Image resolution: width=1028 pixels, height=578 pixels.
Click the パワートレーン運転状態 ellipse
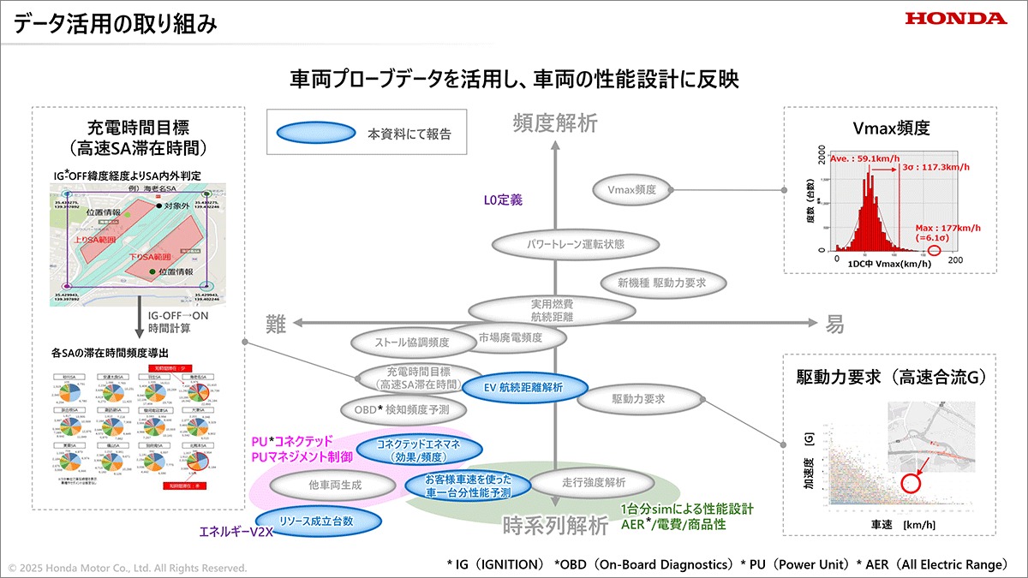[576, 244]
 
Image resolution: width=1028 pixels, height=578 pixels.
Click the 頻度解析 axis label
[555, 124]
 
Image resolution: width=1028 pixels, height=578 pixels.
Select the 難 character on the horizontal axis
[276, 324]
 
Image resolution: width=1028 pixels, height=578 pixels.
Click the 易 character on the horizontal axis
[834, 324]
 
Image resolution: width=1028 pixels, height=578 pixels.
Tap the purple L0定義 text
[503, 200]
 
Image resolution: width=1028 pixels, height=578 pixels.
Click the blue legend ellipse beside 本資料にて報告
[315, 134]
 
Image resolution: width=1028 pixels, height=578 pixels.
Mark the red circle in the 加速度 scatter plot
[911, 482]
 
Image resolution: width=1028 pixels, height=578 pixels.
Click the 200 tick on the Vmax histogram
[955, 259]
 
